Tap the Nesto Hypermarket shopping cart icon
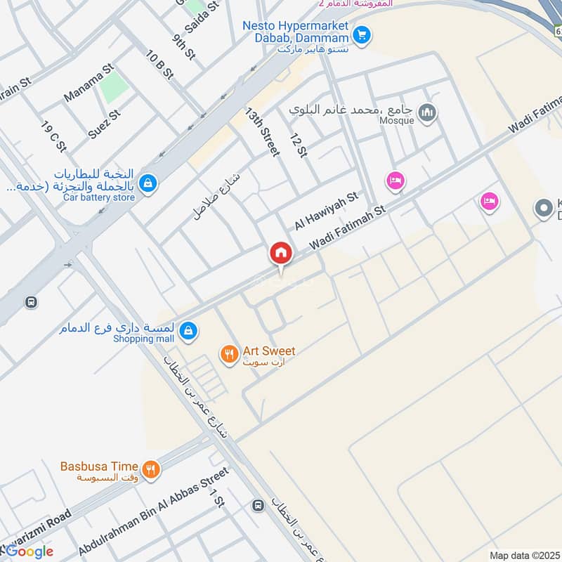(x=362, y=33)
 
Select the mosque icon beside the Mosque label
(x=427, y=112)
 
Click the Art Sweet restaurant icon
(x=229, y=353)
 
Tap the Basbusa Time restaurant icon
(x=150, y=469)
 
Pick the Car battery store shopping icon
(x=148, y=184)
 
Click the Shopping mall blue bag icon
(x=188, y=330)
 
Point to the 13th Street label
(x=263, y=131)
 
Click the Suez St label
(x=104, y=124)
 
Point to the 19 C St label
(x=53, y=137)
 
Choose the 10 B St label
(x=159, y=64)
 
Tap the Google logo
(x=28, y=551)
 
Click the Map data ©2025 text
(x=523, y=555)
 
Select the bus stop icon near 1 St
(x=258, y=505)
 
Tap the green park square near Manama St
(x=114, y=86)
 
